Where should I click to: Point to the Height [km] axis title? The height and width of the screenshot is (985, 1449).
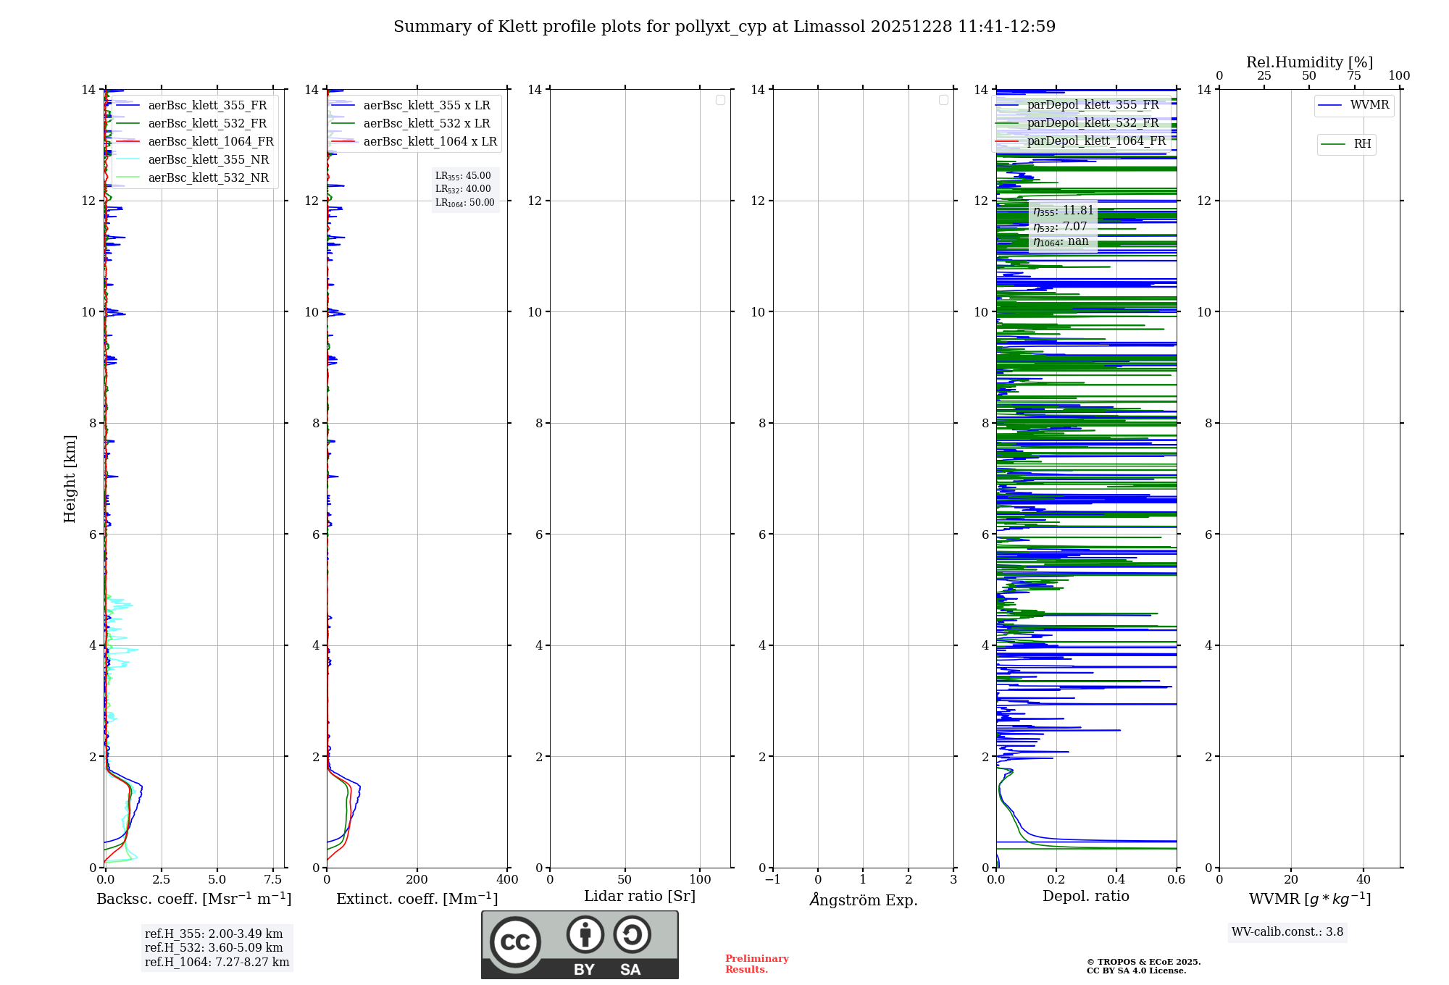point(70,479)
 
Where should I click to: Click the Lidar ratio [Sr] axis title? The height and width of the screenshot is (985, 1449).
point(640,897)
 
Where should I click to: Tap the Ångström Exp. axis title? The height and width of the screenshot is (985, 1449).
point(864,900)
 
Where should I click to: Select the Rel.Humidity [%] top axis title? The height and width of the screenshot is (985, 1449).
point(1309,62)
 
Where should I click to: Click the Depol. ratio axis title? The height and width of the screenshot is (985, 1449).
point(1086,897)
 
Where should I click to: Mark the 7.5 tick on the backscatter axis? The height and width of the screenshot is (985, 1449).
point(273,880)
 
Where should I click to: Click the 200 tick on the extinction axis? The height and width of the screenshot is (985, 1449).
point(417,880)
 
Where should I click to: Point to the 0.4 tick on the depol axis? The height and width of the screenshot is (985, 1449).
point(1116,880)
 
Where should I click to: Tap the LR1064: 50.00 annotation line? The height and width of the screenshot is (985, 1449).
point(465,203)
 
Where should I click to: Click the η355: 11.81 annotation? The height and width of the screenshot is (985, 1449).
point(1064,211)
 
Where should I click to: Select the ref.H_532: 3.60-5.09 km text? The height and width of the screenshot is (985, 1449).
point(214,948)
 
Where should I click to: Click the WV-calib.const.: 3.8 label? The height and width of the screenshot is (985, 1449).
point(1287,932)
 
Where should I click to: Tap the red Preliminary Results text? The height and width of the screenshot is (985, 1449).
point(756,964)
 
